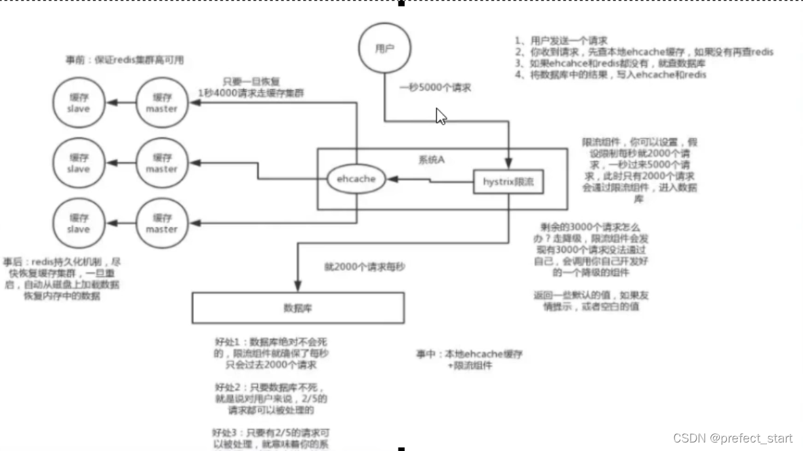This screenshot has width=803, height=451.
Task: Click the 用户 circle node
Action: point(384,49)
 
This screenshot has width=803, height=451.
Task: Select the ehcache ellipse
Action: point(356,178)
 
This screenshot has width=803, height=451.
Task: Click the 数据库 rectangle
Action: point(299,308)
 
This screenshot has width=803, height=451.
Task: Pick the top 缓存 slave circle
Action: point(79,103)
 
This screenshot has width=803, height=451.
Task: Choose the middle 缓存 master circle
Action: point(161,163)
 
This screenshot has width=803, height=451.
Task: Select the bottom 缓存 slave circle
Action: point(79,224)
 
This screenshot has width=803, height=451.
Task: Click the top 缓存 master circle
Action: point(161,103)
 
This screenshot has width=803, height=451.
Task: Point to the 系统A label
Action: point(431,159)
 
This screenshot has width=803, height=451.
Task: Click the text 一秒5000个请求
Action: point(436,88)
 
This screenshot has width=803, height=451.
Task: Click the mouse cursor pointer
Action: point(441,117)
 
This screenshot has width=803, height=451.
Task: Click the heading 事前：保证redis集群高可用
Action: point(125,60)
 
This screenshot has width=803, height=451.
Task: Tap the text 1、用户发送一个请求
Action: point(561,40)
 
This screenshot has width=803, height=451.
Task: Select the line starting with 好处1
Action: point(272,342)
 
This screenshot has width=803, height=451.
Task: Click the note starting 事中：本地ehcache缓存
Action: point(469,354)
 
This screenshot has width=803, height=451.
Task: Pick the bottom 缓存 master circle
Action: point(161,224)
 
